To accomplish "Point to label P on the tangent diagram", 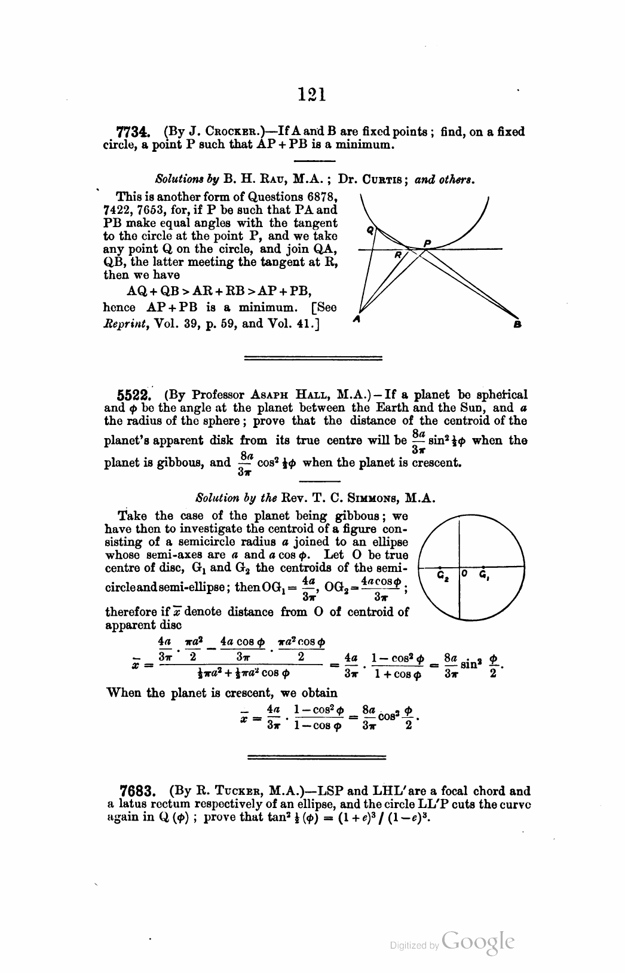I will click(427, 242).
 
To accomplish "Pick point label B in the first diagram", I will click(517, 325).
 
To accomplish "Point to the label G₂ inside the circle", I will click(442, 577).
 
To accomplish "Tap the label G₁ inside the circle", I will click(485, 577).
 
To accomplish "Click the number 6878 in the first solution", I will click(318, 197).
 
